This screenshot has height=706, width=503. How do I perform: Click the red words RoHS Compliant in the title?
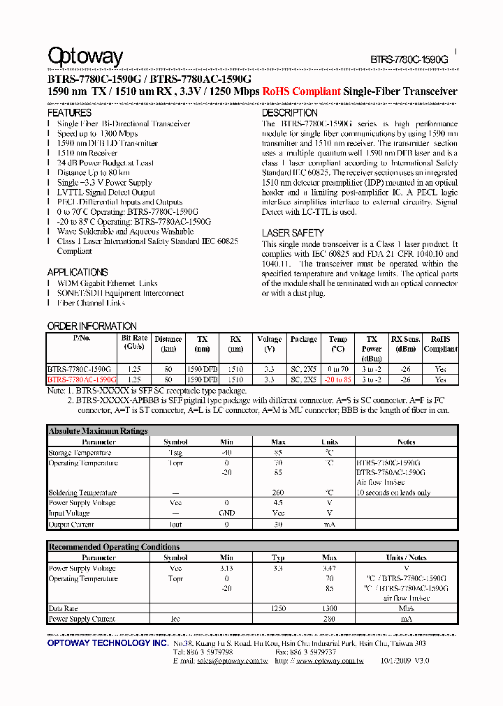(301, 91)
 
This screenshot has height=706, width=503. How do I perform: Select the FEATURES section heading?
(69, 112)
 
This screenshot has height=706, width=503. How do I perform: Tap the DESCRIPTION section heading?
(289, 112)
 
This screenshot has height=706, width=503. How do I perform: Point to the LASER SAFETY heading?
(293, 233)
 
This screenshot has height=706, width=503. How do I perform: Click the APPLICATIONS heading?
(77, 272)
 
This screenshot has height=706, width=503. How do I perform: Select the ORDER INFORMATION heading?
(92, 326)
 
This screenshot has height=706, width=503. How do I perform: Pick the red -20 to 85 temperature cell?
(338, 380)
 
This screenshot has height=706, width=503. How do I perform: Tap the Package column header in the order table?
(304, 339)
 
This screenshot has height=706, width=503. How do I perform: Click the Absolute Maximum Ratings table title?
(98, 431)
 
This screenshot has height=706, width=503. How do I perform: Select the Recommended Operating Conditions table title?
(114, 547)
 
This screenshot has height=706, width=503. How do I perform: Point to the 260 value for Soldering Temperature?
(278, 493)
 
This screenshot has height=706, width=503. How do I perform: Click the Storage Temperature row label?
(80, 453)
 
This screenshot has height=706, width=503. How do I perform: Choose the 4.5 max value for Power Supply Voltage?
(278, 503)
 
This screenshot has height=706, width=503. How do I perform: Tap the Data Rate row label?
(63, 609)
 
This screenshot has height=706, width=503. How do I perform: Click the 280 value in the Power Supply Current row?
(329, 619)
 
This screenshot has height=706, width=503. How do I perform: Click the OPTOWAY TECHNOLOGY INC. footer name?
(107, 643)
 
